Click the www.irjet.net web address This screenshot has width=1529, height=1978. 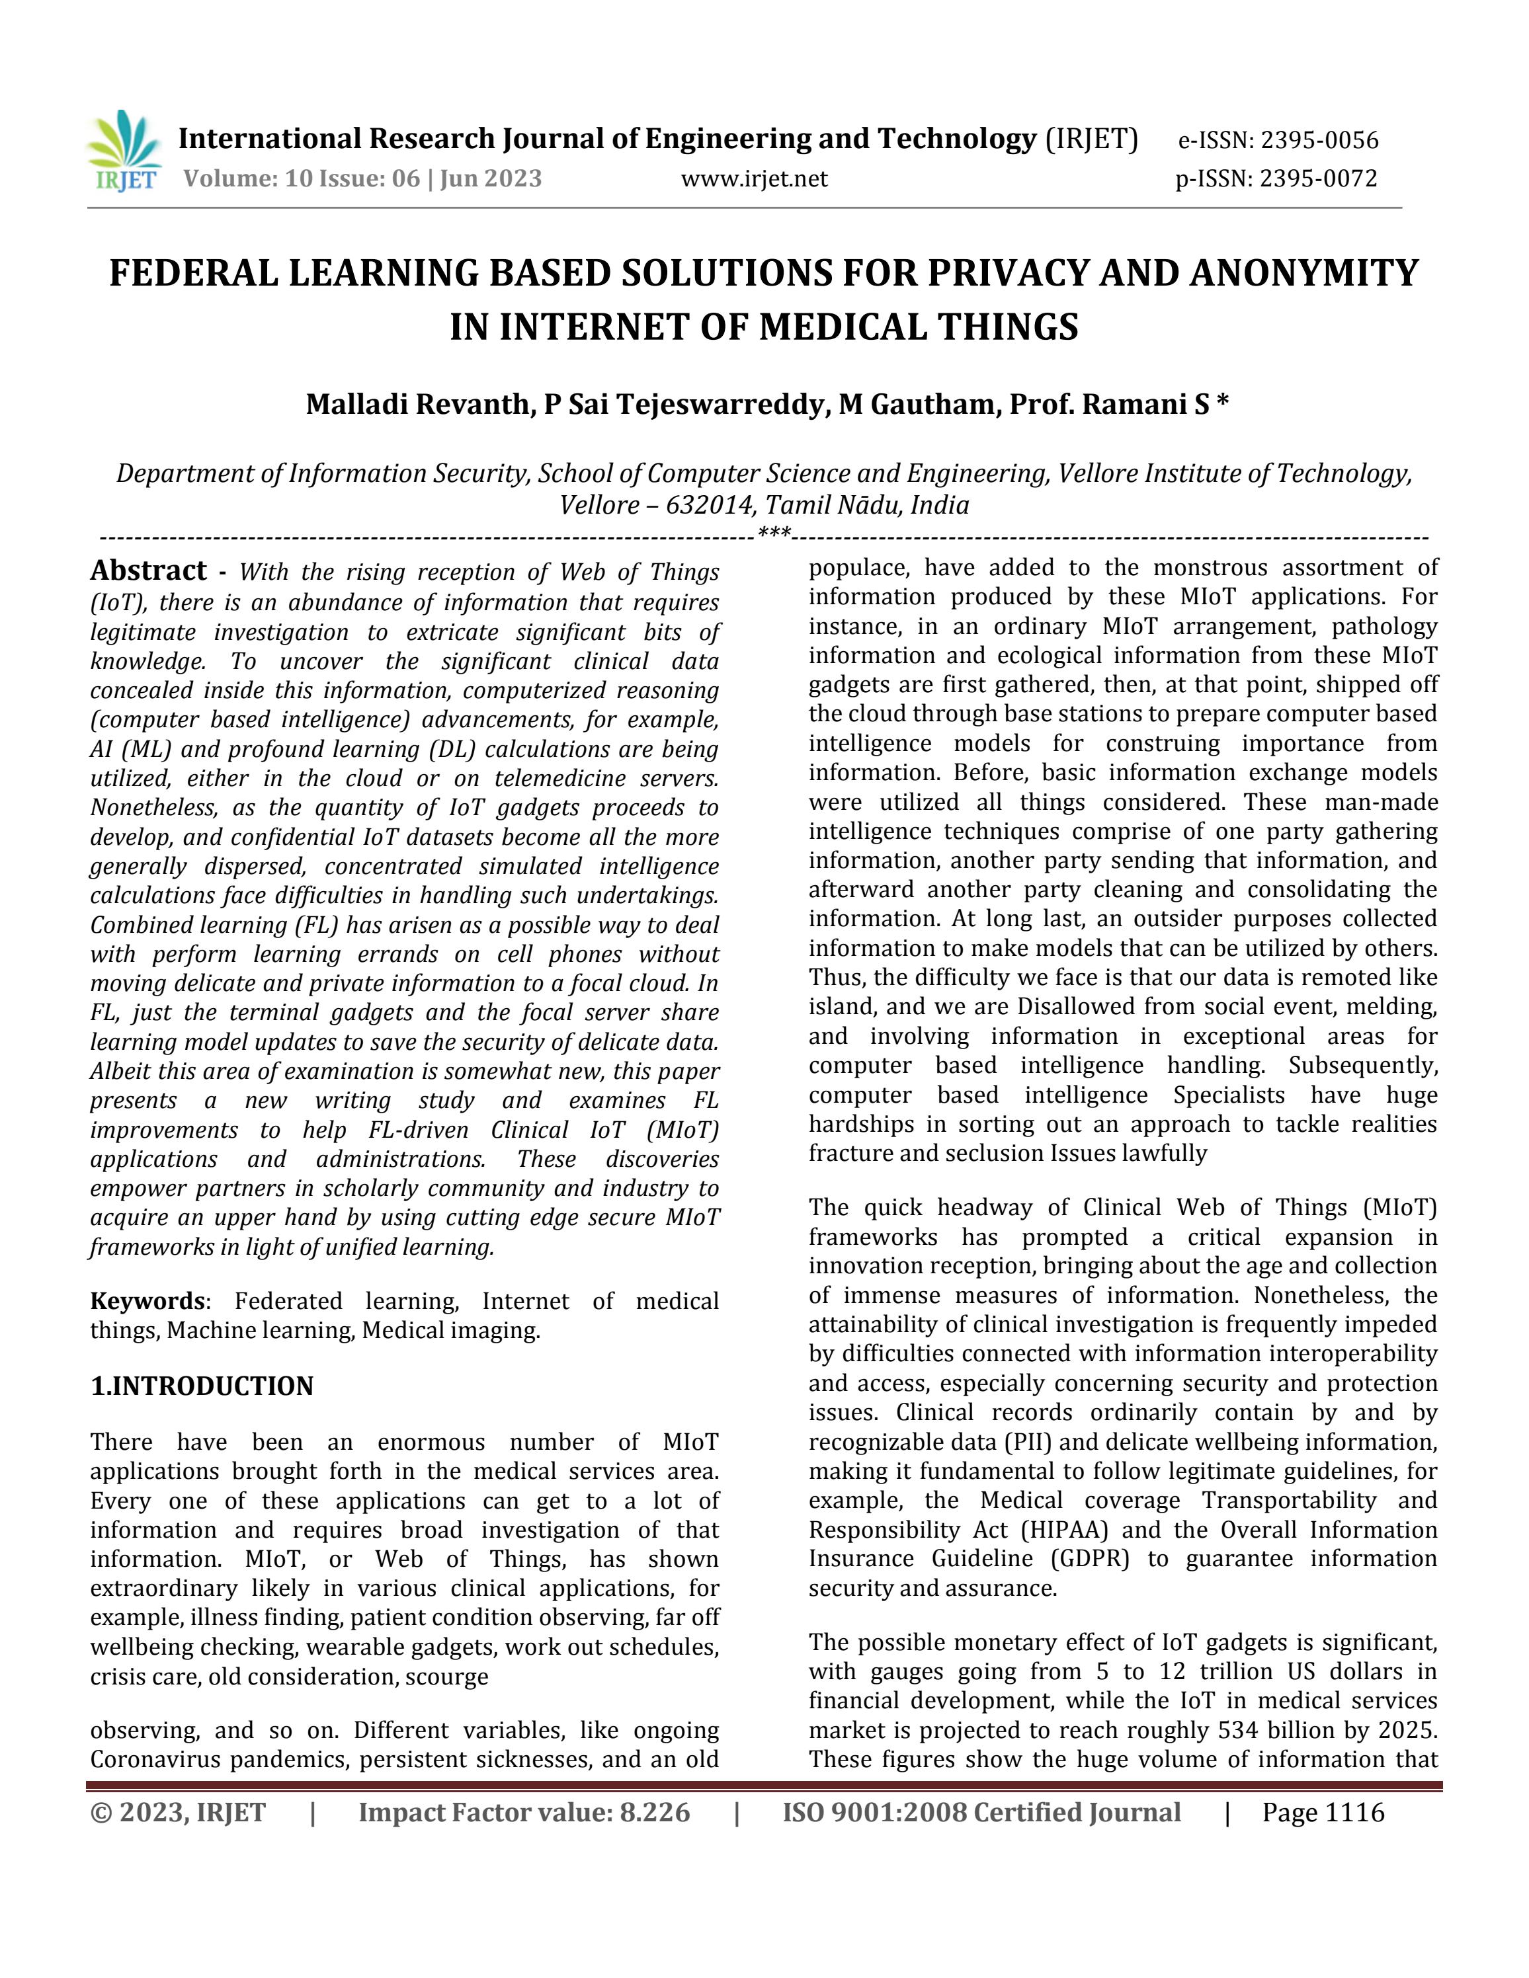pyautogui.click(x=754, y=178)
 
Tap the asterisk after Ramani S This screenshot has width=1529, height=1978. pyautogui.click(x=1223, y=402)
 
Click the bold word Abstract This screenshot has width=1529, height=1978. pyautogui.click(x=149, y=571)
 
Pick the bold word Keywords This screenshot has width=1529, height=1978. pyautogui.click(x=147, y=1302)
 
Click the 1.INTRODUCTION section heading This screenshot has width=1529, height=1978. pyautogui.click(x=202, y=1386)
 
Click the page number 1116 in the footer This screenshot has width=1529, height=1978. pyautogui.click(x=1354, y=1831)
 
